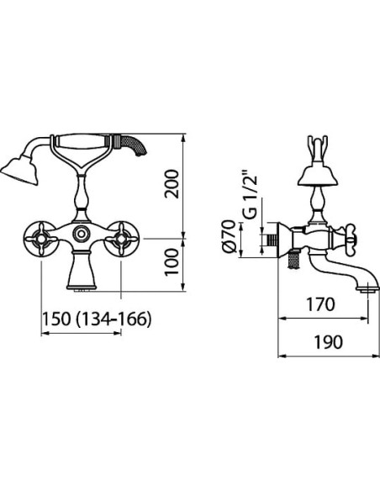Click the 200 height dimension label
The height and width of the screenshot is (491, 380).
pos(172,184)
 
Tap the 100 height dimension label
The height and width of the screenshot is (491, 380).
pos(172,262)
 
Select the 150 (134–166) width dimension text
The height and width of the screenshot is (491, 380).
pos(97,319)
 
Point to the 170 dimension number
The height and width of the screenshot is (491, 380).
pos(320,304)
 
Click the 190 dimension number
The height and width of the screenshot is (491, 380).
pos(328,342)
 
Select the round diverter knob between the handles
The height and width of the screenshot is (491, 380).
pos(82,234)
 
